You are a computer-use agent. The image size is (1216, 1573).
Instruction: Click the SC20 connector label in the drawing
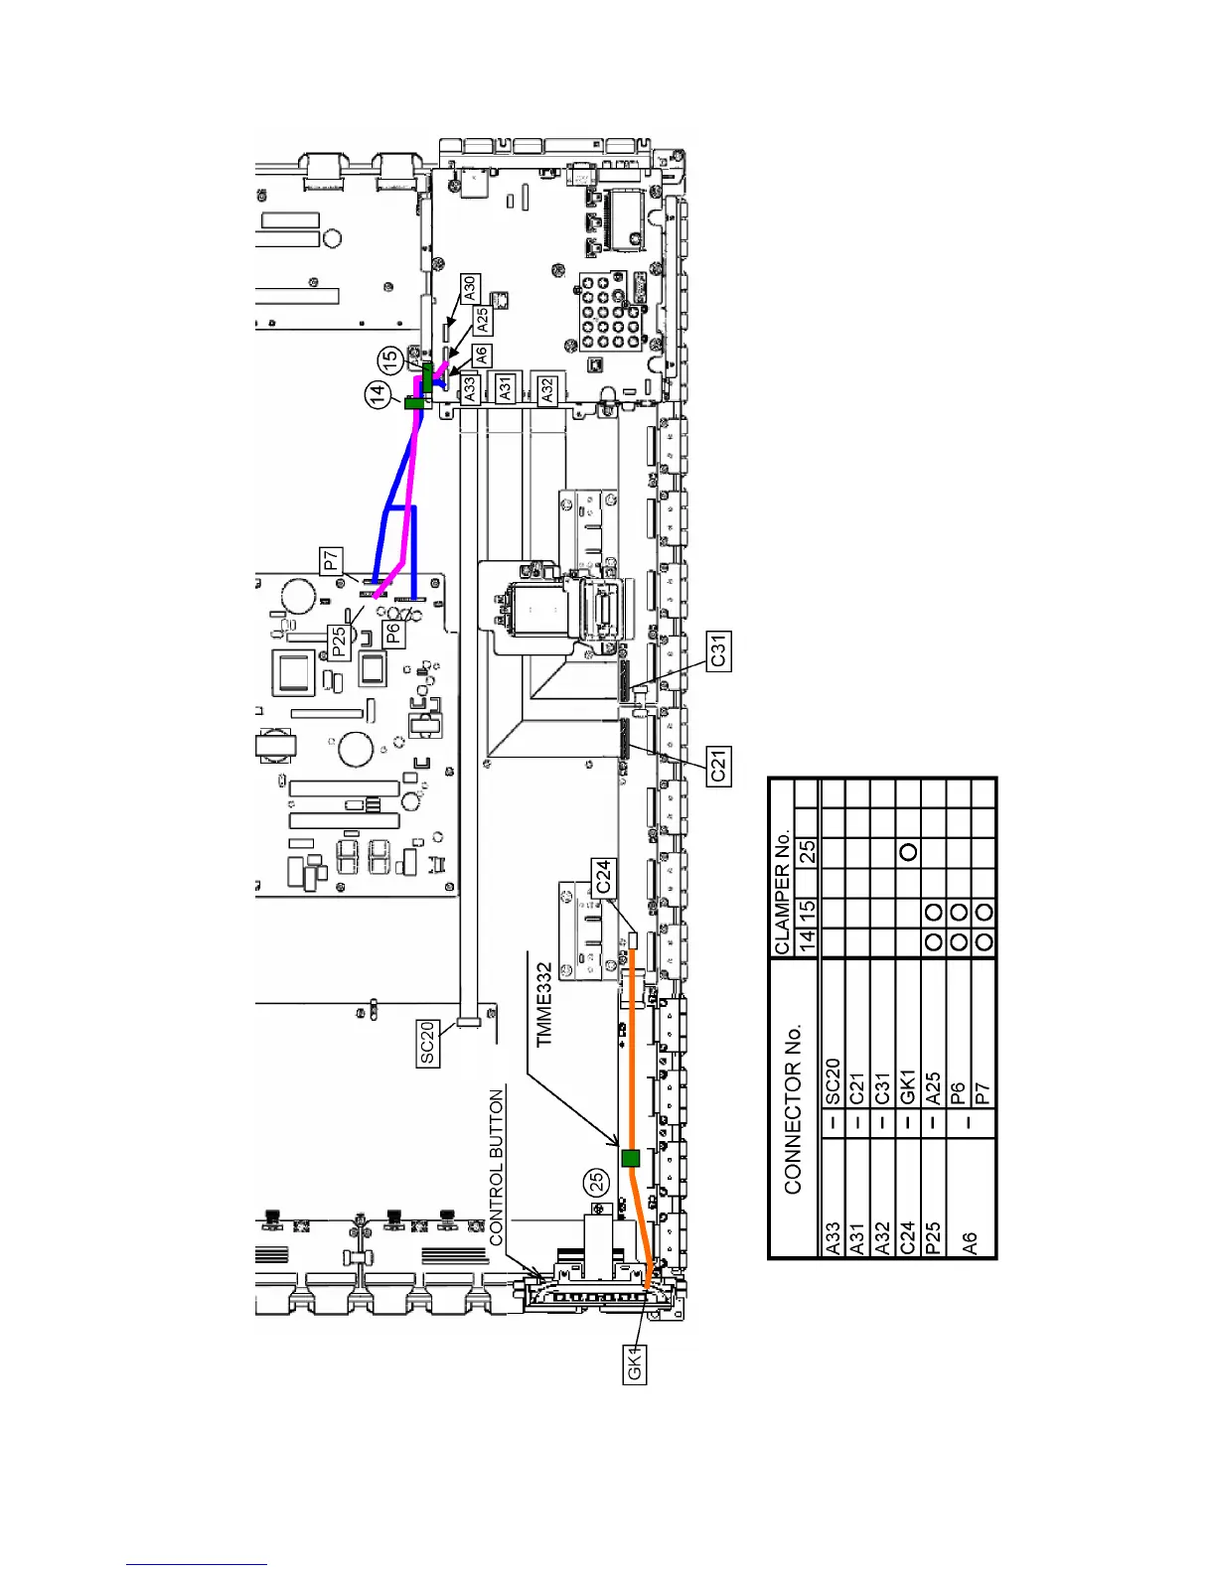[428, 1044]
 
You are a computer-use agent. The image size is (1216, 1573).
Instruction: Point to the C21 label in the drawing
[719, 765]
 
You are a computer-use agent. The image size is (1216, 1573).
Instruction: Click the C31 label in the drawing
[719, 650]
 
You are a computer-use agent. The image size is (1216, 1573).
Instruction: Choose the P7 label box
[332, 560]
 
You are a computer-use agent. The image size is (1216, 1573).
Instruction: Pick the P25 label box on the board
[340, 642]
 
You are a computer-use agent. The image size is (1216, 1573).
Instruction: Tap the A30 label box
[470, 289]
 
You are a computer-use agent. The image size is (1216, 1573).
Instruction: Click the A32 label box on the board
[546, 389]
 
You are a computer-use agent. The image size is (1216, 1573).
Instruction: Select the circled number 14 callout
[378, 395]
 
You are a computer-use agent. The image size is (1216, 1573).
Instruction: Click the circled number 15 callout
[391, 359]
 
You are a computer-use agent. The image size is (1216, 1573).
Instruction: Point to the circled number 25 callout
[596, 1182]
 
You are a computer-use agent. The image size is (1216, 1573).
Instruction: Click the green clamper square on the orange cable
[630, 1158]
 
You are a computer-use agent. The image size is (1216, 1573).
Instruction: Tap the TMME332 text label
[543, 1004]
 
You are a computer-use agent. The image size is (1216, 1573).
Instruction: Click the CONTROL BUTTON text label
[497, 1167]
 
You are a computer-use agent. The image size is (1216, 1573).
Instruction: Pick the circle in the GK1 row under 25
[907, 852]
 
